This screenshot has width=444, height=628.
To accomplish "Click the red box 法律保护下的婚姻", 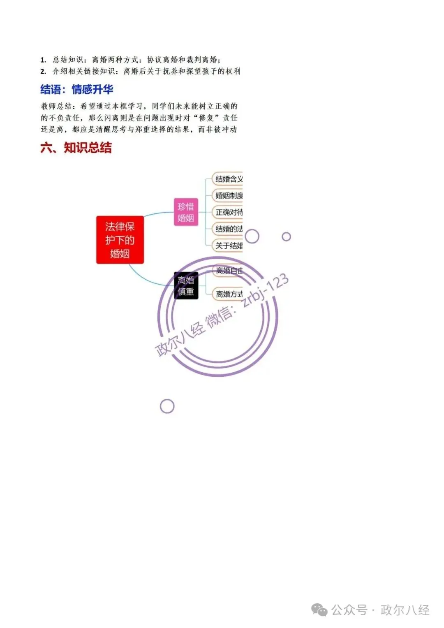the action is pyautogui.click(x=120, y=240).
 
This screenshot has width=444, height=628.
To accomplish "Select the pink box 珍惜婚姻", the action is pyautogui.click(x=186, y=212).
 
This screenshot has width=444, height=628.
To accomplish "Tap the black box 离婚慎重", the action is pyautogui.click(x=186, y=286).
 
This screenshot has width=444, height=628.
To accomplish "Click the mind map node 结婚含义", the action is pyautogui.click(x=228, y=179).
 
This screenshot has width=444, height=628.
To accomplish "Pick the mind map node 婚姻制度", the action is pyautogui.click(x=228, y=196).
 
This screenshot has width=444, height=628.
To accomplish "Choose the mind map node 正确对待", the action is pyautogui.click(x=228, y=212).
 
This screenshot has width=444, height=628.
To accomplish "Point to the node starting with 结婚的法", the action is pyautogui.click(x=228, y=229).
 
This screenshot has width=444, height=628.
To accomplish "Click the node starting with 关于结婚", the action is pyautogui.click(x=228, y=246).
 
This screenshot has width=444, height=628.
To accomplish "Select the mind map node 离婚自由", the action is pyautogui.click(x=229, y=271).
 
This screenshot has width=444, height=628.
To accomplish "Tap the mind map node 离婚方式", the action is pyautogui.click(x=229, y=294).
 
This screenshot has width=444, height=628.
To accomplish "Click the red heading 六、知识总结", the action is pyautogui.click(x=76, y=148).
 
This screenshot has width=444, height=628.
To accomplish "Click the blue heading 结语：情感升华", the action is pyautogui.click(x=77, y=89).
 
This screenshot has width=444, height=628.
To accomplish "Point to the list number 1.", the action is pyautogui.click(x=43, y=60).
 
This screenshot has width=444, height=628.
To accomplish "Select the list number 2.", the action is pyautogui.click(x=43, y=72).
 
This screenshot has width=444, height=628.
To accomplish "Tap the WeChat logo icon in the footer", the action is pyautogui.click(x=319, y=610).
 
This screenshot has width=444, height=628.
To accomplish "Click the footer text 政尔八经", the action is pyautogui.click(x=405, y=610).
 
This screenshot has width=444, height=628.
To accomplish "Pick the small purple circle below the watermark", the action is pyautogui.click(x=167, y=406).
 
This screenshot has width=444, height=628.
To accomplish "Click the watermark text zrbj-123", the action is pyautogui.click(x=265, y=290).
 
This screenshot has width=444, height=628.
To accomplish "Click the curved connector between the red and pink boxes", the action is pyautogui.click(x=156, y=214).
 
